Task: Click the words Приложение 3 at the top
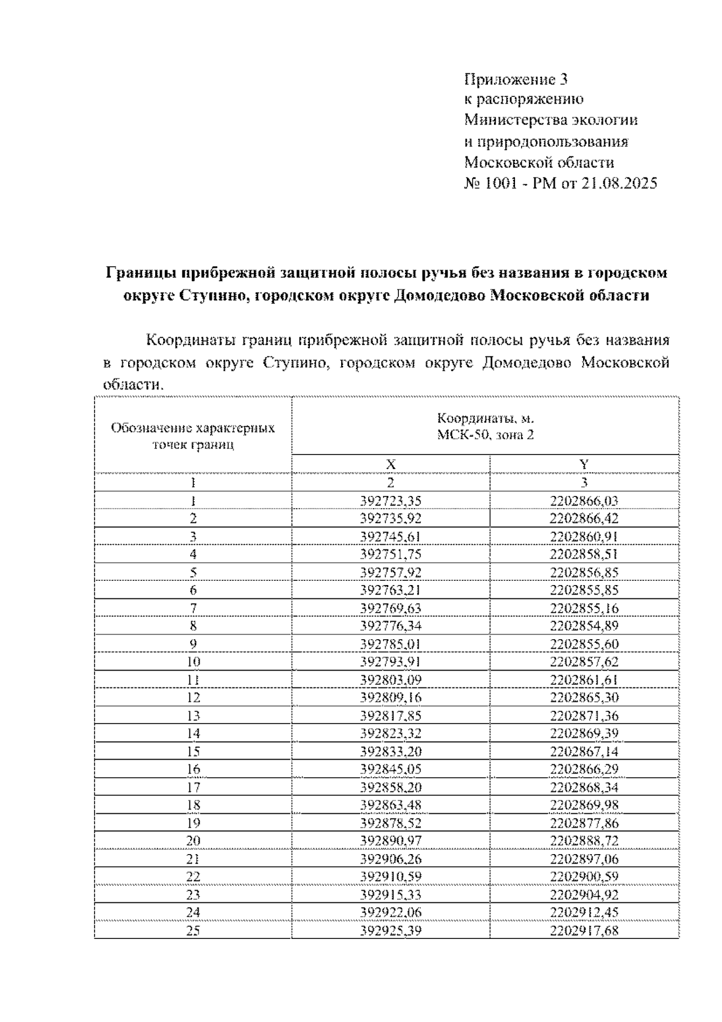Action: tap(516, 79)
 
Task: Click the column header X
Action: tap(390, 464)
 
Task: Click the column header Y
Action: tap(584, 464)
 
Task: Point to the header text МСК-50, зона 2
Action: tap(485, 435)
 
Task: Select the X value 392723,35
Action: tap(390, 501)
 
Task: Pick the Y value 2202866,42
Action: tap(584, 518)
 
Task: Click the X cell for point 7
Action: tap(390, 608)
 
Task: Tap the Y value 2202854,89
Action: tap(584, 625)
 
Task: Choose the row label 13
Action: tap(193, 715)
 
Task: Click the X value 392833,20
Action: tap(390, 751)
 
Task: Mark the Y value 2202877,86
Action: tap(584, 823)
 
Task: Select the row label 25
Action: tap(193, 931)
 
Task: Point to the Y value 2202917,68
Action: tap(584, 931)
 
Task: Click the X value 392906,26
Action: tap(390, 859)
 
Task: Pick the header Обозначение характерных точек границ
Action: tap(193, 436)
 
